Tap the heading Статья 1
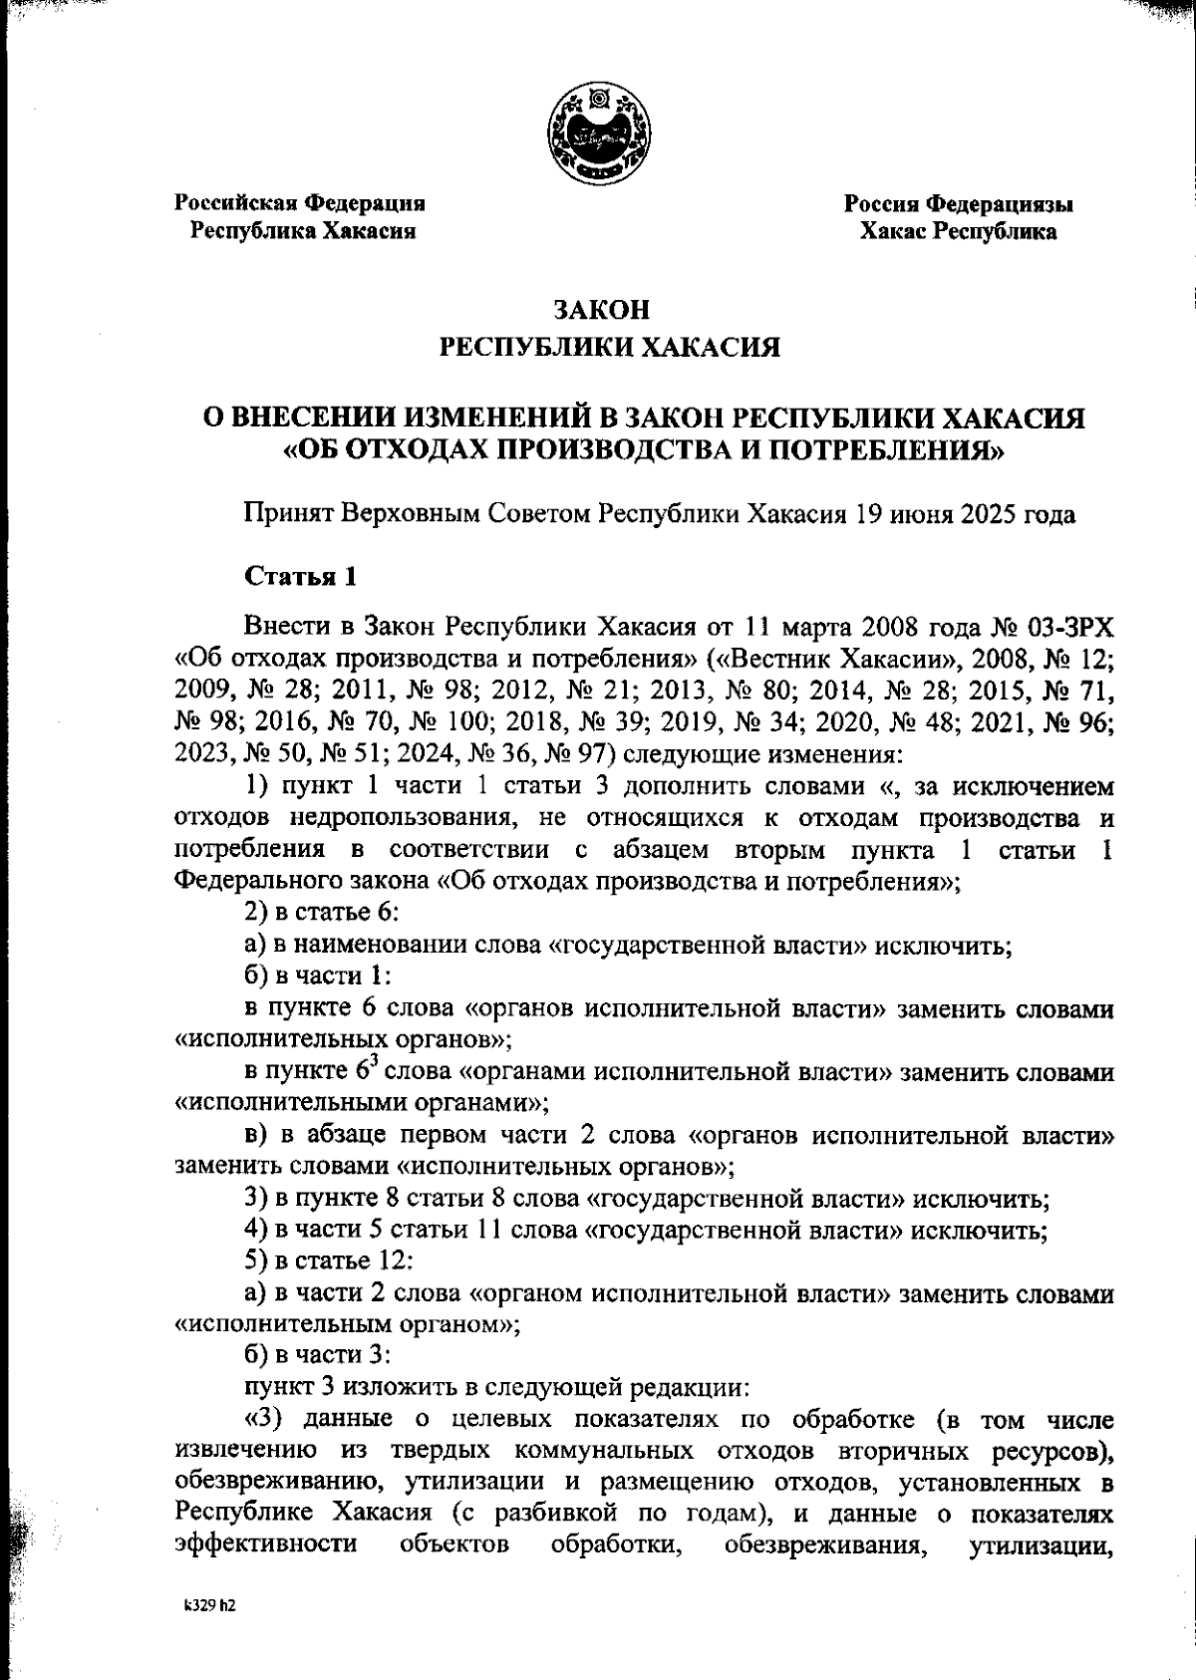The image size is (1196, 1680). point(300,577)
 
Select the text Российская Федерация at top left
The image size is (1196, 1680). point(301,203)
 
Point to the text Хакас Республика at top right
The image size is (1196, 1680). point(959,232)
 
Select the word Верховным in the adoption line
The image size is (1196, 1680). point(409,514)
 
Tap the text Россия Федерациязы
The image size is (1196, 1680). point(959,204)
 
